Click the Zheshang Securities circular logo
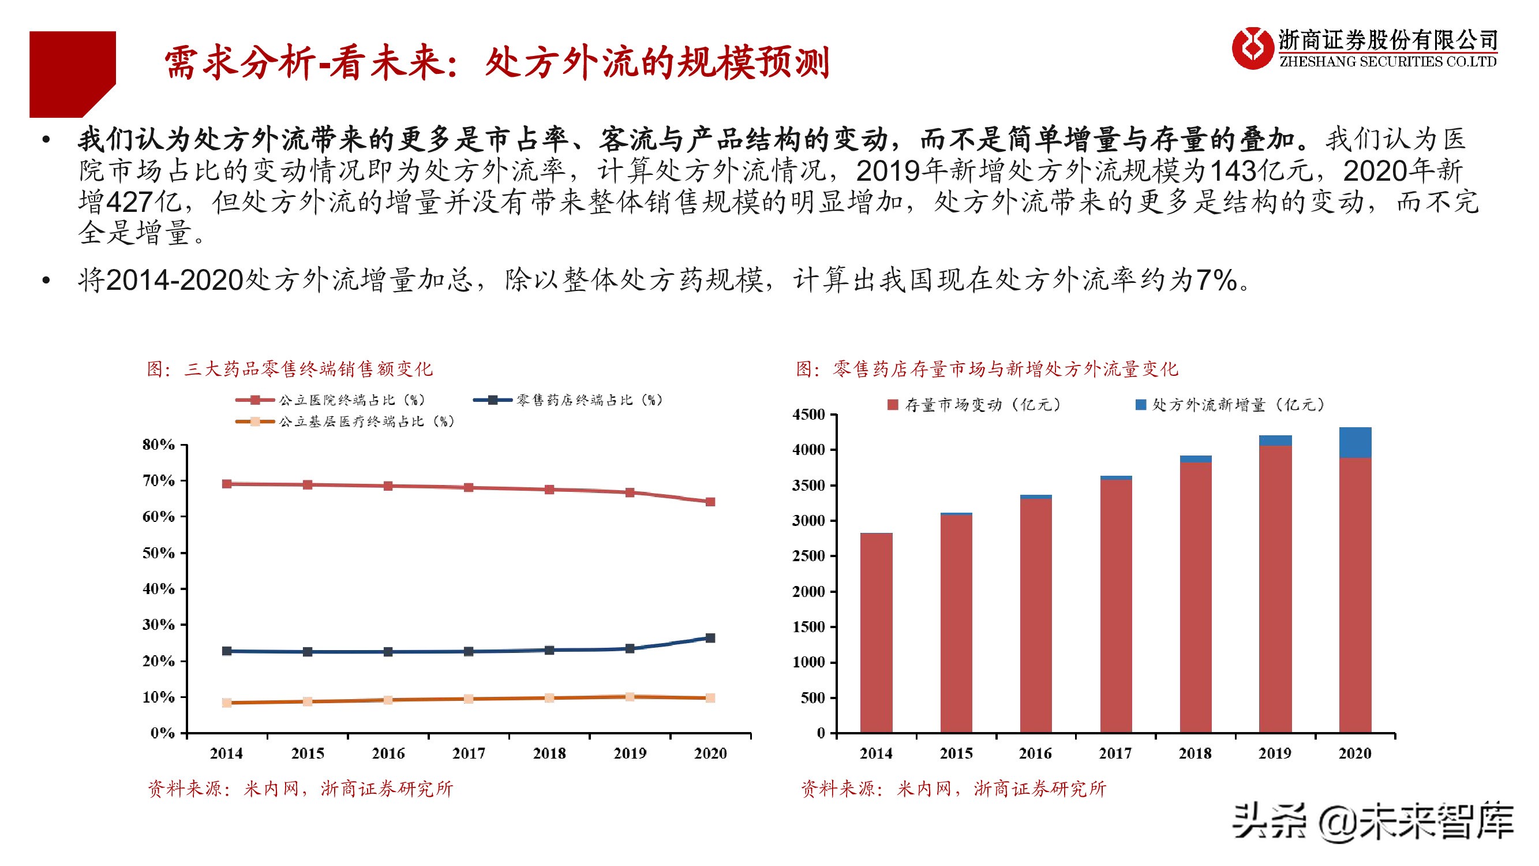pos(1252,48)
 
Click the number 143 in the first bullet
pos(1233,171)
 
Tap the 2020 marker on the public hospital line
pos(710,502)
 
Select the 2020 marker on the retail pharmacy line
pos(710,639)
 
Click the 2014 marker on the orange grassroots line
pos(227,703)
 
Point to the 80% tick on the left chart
pos(158,445)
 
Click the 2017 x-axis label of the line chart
pos(469,753)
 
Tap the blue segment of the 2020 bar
pos(1355,442)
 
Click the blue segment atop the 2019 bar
pos(1275,441)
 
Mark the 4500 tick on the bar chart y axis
pos(809,414)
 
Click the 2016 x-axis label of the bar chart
pos(1035,753)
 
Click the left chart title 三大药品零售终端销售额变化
pos(290,369)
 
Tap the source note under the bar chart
pos(953,789)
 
